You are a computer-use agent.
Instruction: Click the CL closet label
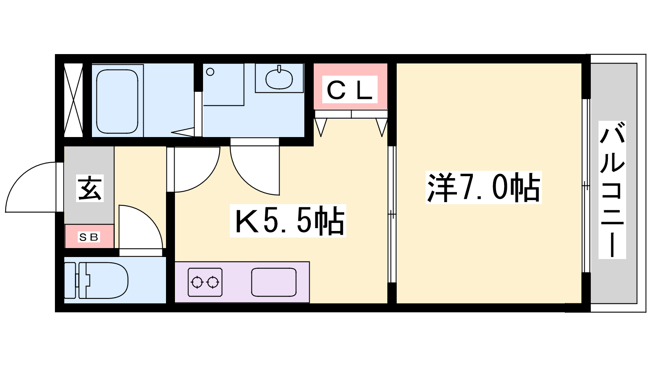pos(350,89)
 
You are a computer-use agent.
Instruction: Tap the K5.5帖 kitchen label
pos(288,221)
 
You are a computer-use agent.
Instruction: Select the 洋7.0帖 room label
pos(484,187)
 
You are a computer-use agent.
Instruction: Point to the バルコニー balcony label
pos(612,190)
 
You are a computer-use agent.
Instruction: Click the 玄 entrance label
pos(90,188)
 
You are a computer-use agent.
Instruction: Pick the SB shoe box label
pos(89,237)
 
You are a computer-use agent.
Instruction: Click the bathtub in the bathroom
pos(117,101)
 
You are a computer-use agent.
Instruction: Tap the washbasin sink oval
pos(279,79)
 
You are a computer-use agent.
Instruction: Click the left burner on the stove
pos(197,282)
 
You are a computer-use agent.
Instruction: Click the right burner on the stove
pos(213,282)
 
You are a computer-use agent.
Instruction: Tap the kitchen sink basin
pos(274,282)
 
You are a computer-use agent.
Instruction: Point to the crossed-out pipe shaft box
pos(73,100)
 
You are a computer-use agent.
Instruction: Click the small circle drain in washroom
pos(210,72)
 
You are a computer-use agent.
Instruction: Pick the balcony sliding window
pos(586,186)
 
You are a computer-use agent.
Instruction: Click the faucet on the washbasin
pos(279,69)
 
